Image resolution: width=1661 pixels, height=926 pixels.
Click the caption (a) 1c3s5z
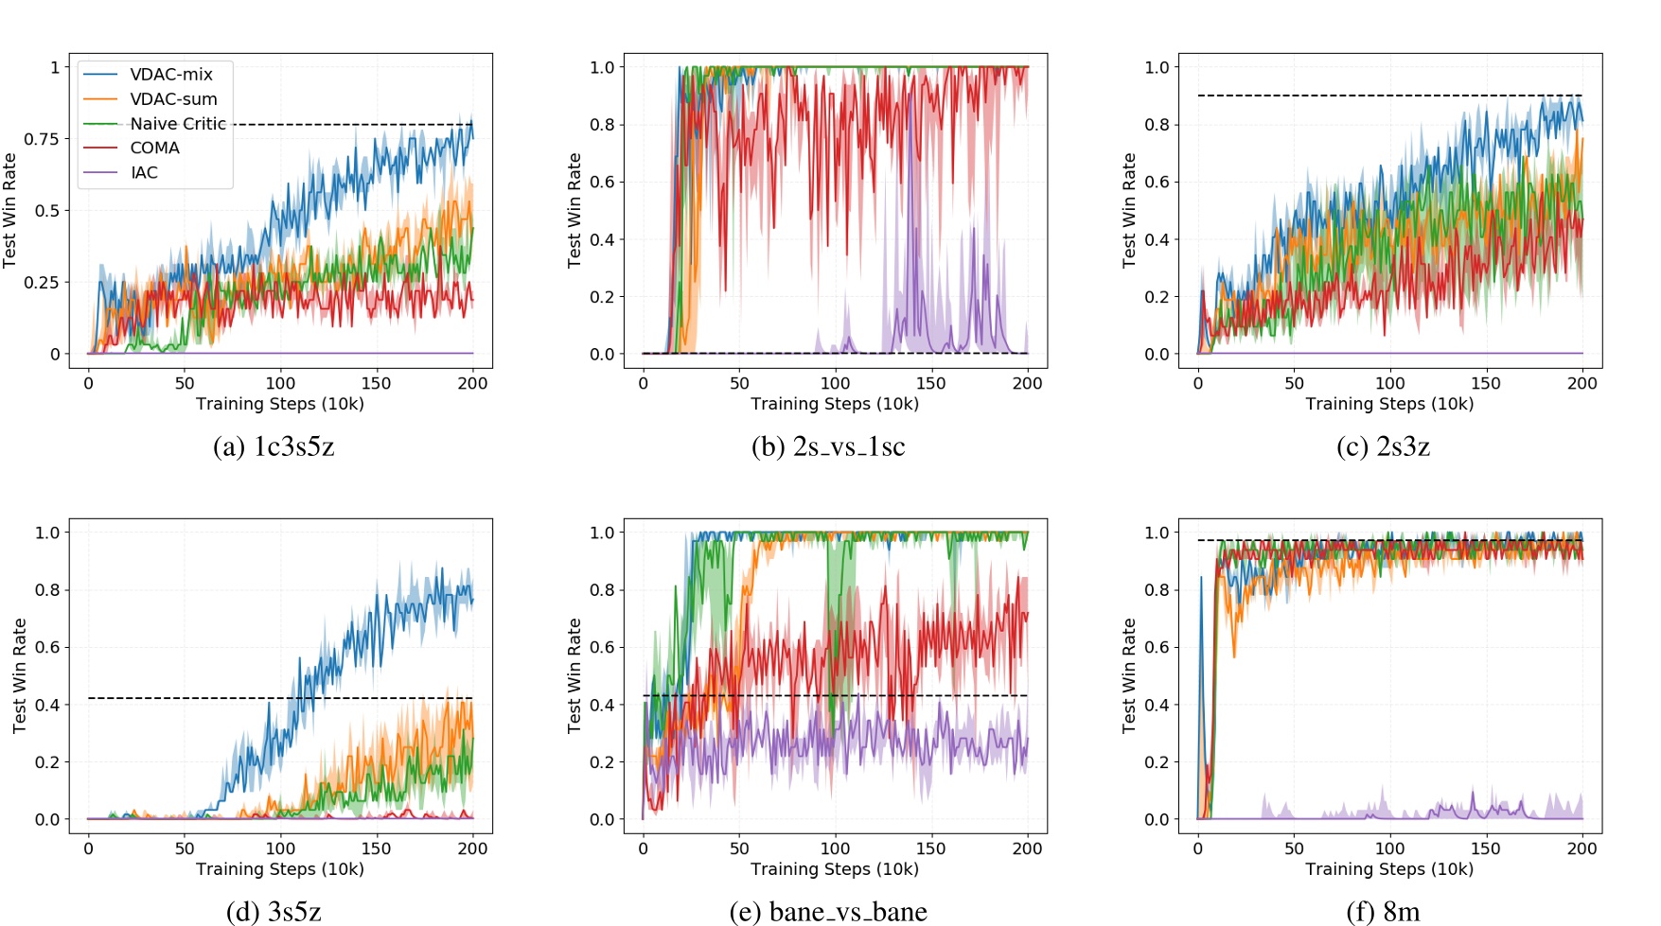click(274, 446)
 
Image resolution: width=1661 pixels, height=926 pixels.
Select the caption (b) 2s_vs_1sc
click(828, 446)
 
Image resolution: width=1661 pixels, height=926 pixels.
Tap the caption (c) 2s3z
click(1383, 446)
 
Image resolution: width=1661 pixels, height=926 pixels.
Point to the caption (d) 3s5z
click(274, 911)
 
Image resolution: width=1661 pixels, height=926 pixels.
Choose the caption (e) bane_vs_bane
click(828, 911)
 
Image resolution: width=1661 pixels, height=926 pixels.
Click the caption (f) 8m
click(1383, 911)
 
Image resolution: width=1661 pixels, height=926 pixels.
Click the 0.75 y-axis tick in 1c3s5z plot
click(42, 139)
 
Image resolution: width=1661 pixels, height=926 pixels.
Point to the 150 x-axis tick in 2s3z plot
click(1485, 383)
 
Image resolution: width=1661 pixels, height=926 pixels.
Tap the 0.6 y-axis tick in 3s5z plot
click(47, 648)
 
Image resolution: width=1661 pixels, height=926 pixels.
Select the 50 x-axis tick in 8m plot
click(1294, 848)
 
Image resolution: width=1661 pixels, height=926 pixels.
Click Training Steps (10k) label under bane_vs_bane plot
click(835, 869)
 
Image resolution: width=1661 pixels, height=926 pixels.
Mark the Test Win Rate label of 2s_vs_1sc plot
click(574, 210)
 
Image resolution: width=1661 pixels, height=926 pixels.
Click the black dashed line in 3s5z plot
click(189, 698)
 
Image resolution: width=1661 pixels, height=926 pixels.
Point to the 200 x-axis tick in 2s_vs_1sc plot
click(1027, 383)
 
